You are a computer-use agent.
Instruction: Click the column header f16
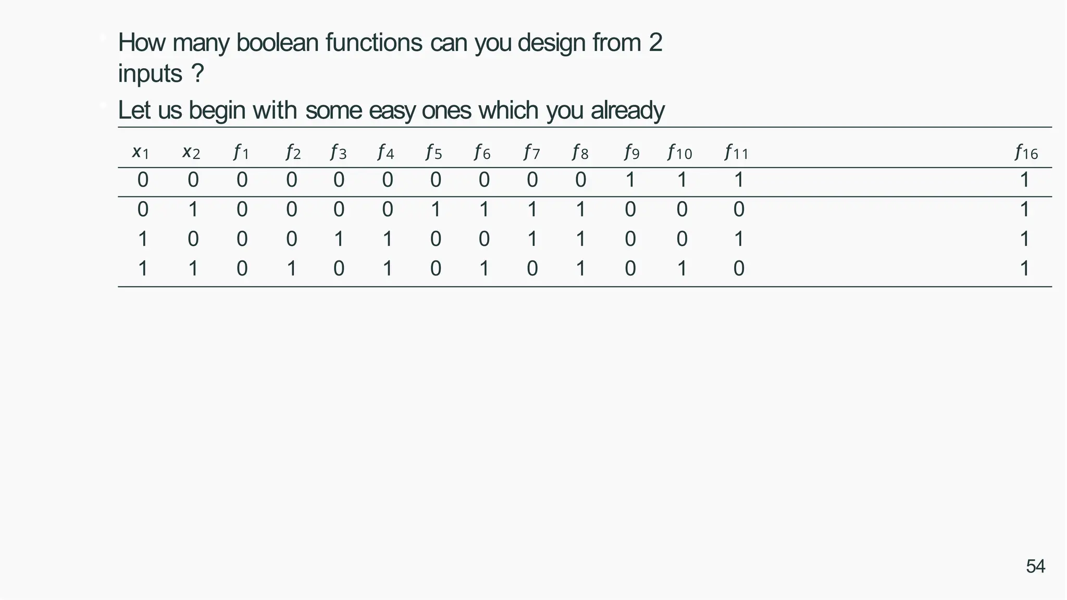(1026, 153)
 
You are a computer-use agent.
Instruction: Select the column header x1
(141, 153)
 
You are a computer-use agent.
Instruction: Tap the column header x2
(191, 153)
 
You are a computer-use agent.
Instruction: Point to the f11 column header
(736, 153)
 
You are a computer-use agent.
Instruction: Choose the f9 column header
(631, 153)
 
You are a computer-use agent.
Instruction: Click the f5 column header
(433, 153)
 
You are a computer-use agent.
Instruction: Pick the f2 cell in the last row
(292, 269)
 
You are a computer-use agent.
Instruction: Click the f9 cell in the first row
(630, 180)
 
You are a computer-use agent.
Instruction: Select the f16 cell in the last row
(1024, 269)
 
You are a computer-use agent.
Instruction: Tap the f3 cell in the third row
(339, 239)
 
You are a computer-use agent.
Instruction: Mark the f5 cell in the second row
(436, 209)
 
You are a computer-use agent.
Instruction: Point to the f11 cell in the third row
(738, 239)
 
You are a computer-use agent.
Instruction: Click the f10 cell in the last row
(681, 269)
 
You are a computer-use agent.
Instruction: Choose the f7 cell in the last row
(532, 269)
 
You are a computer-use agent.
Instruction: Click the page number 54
(1035, 566)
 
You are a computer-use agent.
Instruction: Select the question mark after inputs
(197, 73)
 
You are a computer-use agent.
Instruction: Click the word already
(627, 110)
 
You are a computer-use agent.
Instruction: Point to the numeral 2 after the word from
(655, 43)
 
